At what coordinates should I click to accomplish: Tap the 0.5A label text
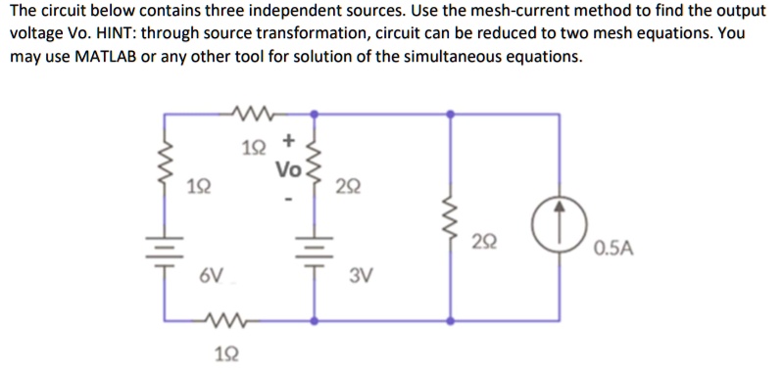[x=612, y=248]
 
